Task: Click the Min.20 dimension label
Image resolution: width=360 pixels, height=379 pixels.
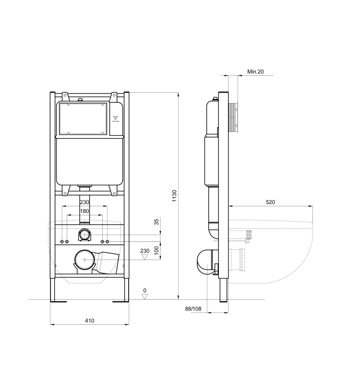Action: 255,72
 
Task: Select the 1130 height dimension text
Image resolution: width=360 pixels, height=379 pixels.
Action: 175,196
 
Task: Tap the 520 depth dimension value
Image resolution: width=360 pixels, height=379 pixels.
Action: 270,202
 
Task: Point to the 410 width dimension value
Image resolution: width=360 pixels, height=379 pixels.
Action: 89,320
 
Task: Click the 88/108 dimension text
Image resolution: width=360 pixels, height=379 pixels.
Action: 193,308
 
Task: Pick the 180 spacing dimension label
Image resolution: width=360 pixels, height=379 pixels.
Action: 84,212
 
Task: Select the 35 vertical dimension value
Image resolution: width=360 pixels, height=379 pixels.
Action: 156,222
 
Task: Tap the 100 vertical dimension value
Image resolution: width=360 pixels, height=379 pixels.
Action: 156,250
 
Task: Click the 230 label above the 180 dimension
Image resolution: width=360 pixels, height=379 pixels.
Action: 84,202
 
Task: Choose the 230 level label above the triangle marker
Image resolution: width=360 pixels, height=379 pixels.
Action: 144,250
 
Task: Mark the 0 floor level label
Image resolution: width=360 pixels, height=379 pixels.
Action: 144,290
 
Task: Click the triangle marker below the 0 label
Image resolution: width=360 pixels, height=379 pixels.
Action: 144,296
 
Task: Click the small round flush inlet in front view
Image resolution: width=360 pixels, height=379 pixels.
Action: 85,235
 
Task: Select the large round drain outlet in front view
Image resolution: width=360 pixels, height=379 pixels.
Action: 85,261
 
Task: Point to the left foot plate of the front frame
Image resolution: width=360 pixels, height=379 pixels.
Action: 59,301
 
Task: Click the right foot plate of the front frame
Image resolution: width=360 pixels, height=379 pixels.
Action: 121,301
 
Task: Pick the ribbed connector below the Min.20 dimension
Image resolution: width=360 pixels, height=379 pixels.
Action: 233,118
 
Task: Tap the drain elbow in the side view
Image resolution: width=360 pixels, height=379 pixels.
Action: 205,262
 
